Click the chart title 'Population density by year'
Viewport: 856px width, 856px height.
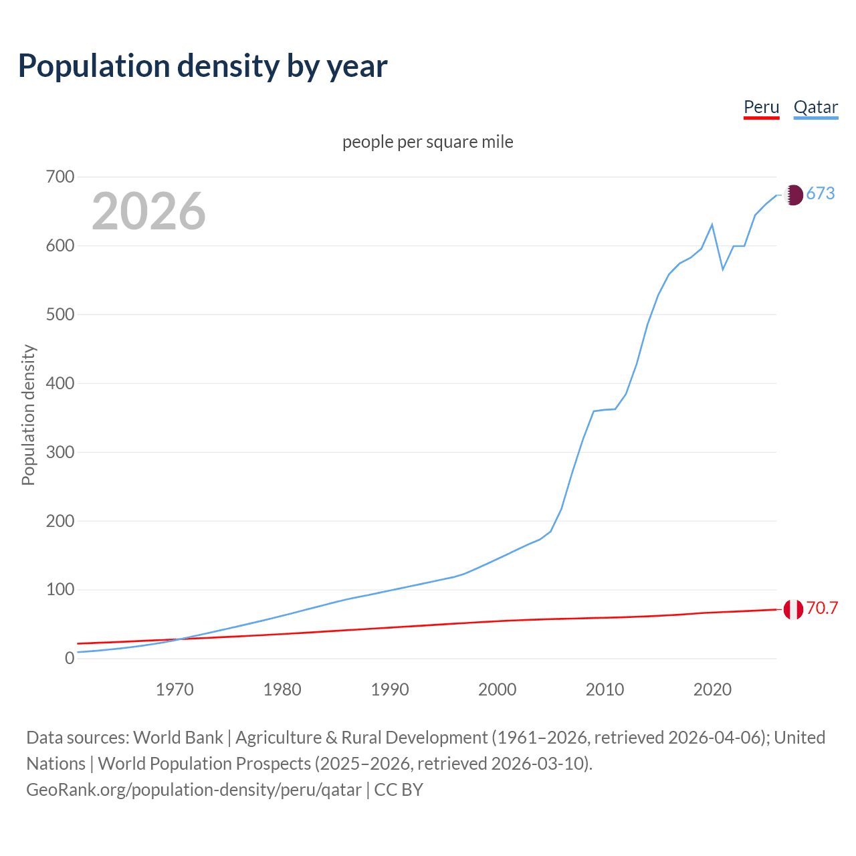point(203,66)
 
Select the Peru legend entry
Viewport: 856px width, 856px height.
point(761,108)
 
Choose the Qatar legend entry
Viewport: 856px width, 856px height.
point(815,108)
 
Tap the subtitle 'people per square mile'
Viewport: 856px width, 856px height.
point(427,142)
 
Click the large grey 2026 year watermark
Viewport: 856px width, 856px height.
point(148,211)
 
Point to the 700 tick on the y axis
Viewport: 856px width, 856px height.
point(60,177)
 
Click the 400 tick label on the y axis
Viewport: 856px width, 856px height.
point(60,383)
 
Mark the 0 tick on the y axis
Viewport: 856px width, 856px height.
point(70,658)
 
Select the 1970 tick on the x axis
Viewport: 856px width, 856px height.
point(175,689)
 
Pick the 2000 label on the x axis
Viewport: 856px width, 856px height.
point(497,689)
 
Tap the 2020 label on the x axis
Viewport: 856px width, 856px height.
point(712,689)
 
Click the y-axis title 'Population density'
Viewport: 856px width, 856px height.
point(28,415)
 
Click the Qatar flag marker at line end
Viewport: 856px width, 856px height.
point(793,195)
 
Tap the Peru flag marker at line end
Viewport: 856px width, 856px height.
point(793,609)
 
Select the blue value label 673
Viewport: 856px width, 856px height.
point(821,194)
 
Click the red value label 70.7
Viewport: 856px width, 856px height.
point(822,608)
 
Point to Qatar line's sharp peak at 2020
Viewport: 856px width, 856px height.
point(712,225)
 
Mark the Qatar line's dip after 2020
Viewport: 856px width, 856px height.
point(723,269)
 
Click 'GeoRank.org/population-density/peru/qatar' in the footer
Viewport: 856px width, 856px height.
point(194,790)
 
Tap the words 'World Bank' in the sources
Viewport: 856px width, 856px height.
point(178,738)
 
